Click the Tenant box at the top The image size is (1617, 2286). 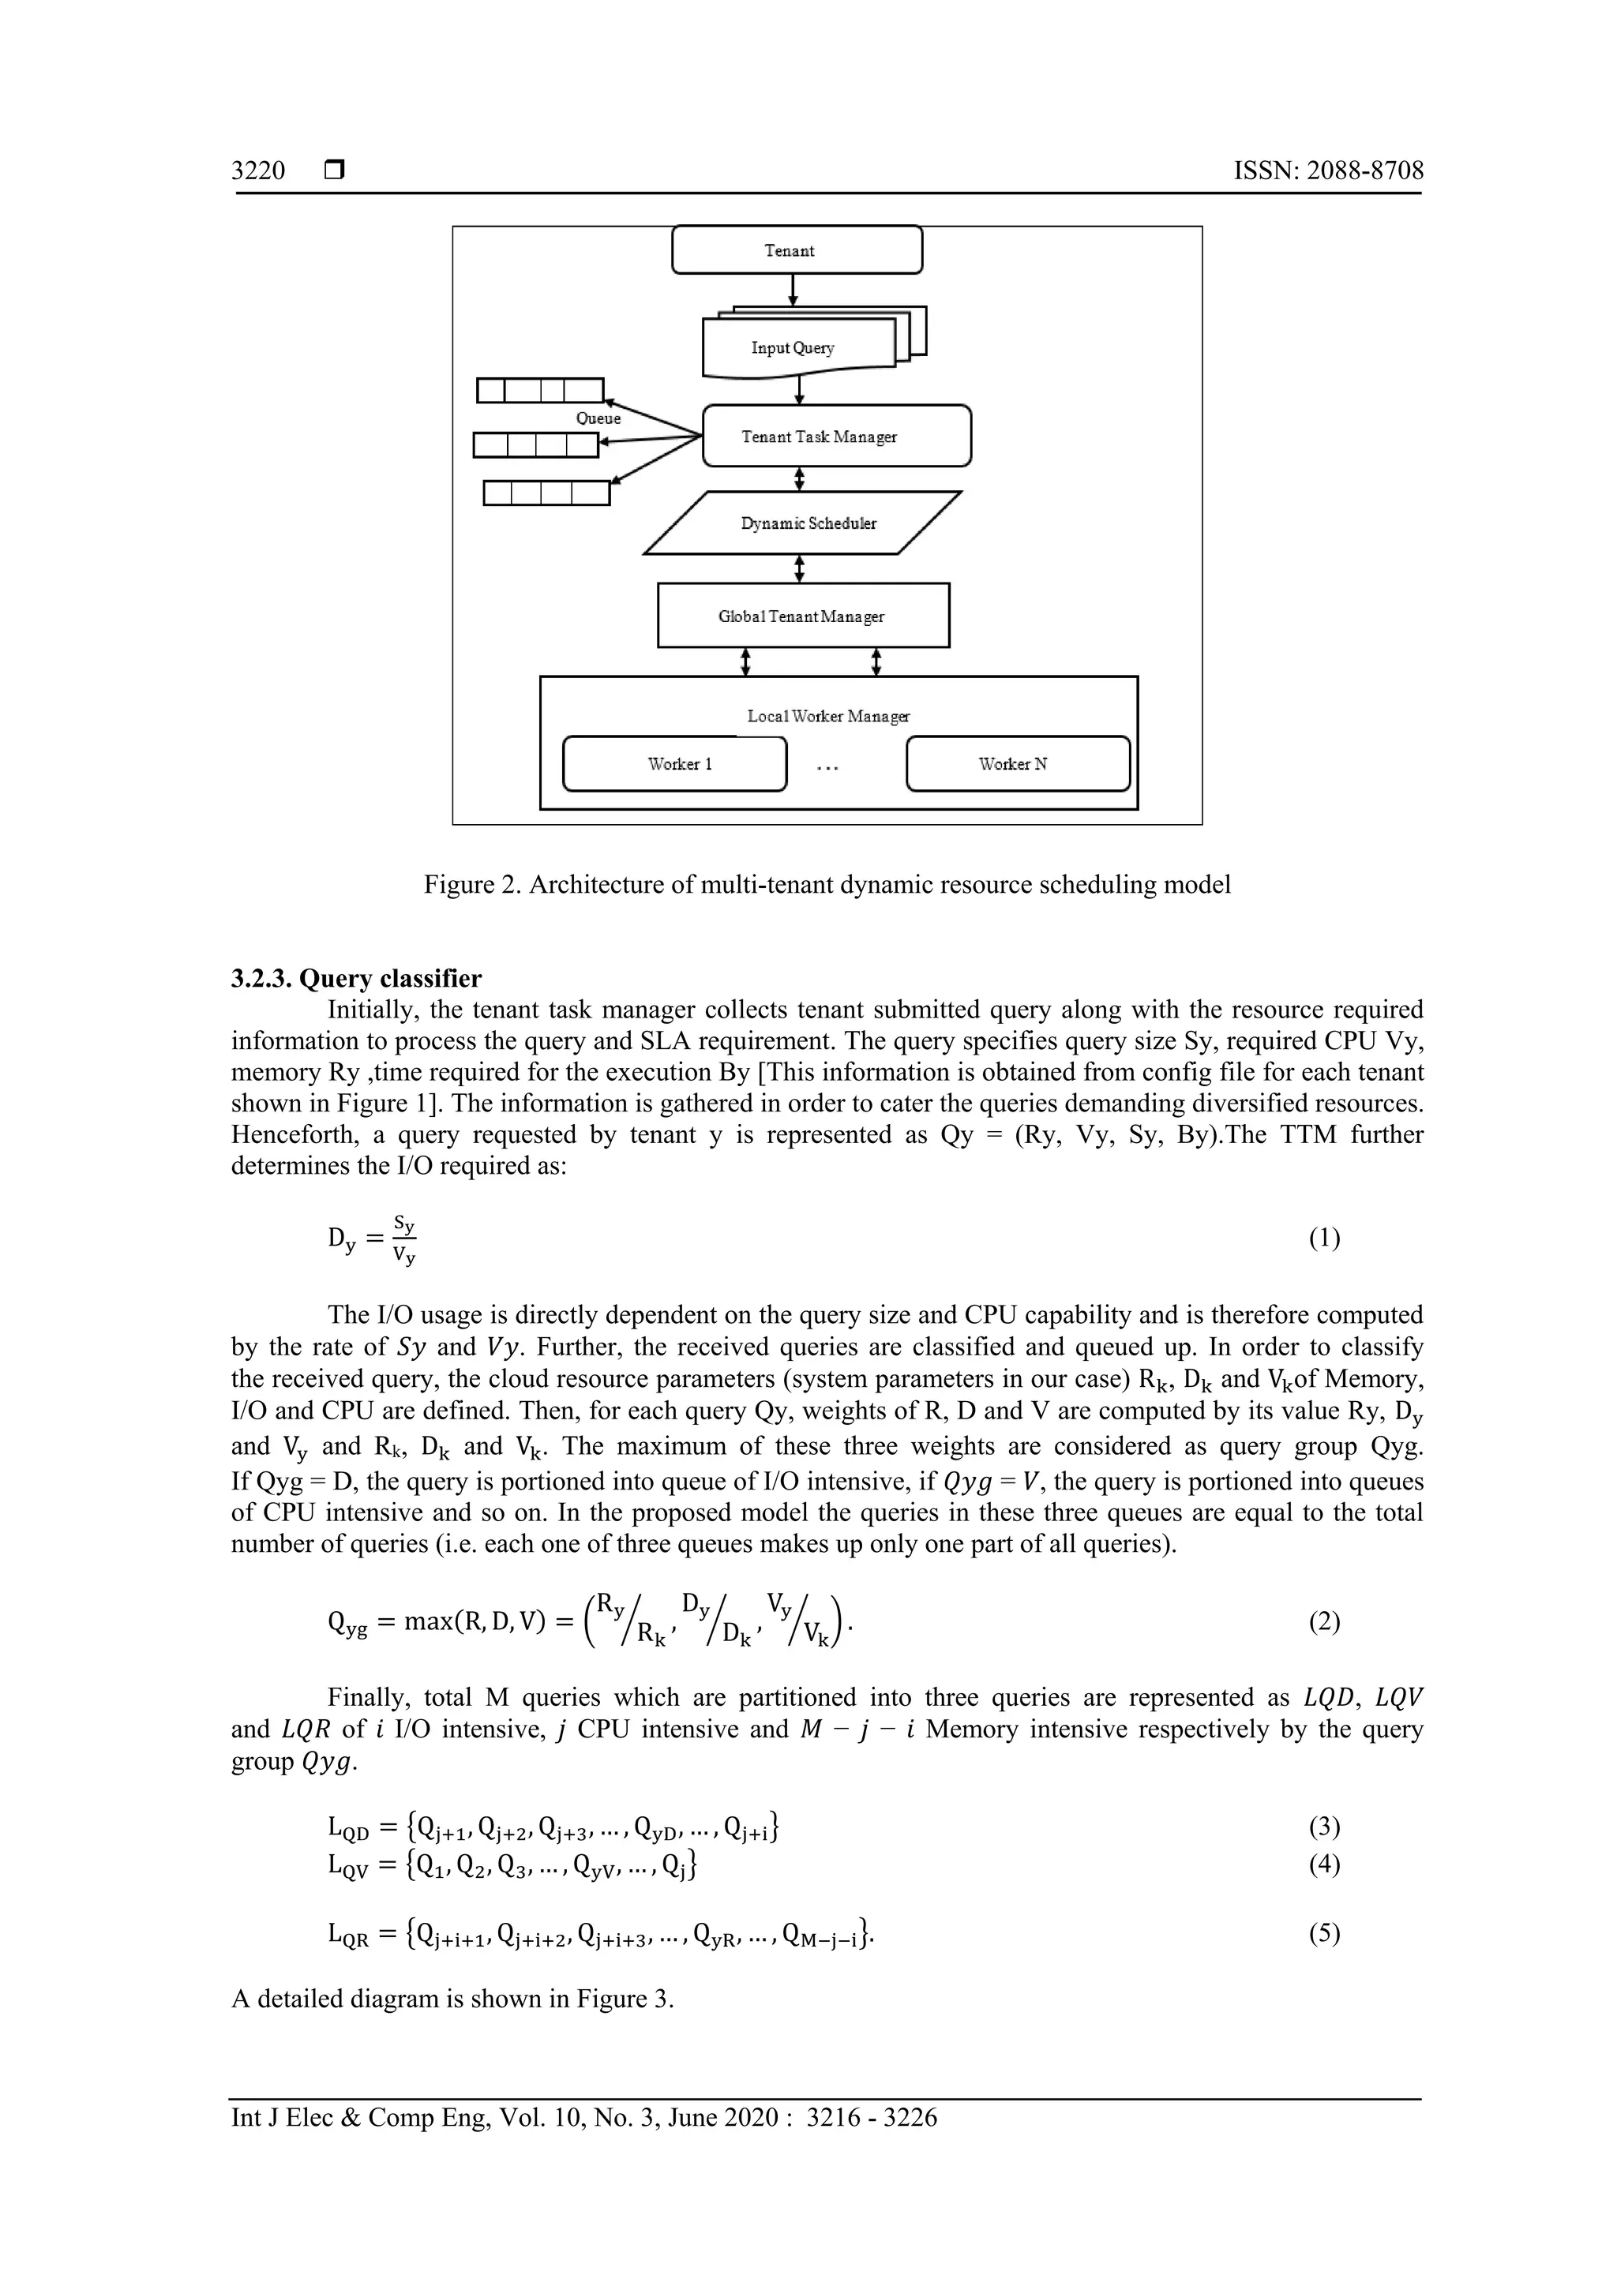point(797,250)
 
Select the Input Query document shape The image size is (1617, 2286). point(793,347)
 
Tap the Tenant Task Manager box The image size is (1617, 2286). point(835,436)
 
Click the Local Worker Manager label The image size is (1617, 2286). point(827,716)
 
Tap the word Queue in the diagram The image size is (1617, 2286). point(598,419)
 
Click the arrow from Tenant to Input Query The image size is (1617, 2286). point(793,289)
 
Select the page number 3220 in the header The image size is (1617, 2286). point(258,171)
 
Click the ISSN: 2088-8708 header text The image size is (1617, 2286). point(1328,171)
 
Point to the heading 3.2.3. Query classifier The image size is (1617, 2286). point(355,979)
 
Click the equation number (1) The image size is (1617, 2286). point(1324,1239)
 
